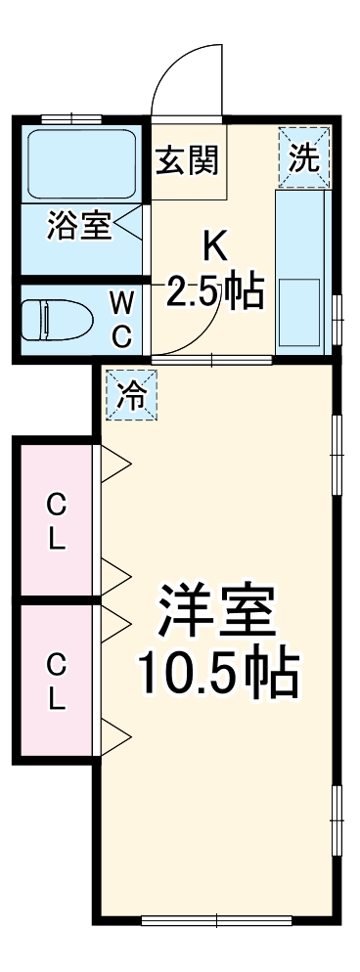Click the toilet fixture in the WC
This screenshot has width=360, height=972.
56,319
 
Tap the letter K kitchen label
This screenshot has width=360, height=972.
215,244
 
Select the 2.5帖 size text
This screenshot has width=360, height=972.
214,290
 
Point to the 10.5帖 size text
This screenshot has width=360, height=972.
217,674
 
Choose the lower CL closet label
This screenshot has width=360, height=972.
58,683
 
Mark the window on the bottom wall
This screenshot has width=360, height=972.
217,919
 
